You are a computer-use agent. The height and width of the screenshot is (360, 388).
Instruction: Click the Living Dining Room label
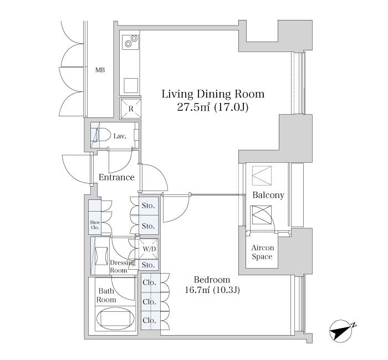[x=213, y=94]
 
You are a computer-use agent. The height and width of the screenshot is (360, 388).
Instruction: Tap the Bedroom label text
[x=212, y=280]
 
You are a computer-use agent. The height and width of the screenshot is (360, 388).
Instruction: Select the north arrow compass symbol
[x=341, y=331]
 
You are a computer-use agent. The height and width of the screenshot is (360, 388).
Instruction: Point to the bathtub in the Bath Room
[x=115, y=319]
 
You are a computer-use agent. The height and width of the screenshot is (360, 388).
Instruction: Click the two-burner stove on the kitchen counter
[x=130, y=41]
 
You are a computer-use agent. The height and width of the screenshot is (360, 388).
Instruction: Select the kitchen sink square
[x=131, y=85]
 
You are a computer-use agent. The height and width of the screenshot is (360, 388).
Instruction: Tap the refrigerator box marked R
[x=131, y=109]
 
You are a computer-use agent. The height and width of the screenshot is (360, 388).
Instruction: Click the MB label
[x=100, y=70]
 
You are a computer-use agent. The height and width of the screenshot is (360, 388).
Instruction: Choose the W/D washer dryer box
[x=149, y=249]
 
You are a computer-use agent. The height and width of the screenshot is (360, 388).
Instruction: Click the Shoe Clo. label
[x=95, y=225]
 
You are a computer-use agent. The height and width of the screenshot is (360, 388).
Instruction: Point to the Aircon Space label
[x=263, y=252]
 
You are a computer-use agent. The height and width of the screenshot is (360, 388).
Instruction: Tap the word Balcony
[x=268, y=195]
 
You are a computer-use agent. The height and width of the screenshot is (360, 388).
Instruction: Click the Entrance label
[x=116, y=177]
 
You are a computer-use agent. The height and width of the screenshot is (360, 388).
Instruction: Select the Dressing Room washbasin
[x=101, y=256]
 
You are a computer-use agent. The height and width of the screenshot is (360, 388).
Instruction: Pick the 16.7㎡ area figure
[x=197, y=290]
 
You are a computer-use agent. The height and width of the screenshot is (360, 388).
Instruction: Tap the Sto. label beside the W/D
[x=148, y=265]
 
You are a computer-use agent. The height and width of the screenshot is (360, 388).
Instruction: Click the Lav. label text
[x=120, y=136]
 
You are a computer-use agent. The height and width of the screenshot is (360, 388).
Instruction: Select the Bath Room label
[x=106, y=295]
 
